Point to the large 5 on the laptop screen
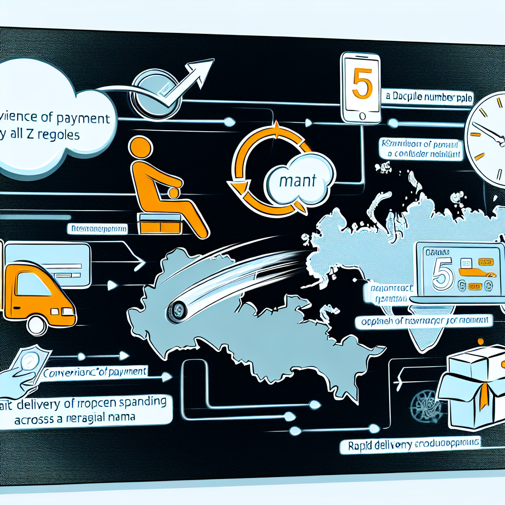441,275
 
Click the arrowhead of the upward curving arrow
200,69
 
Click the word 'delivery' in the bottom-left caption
47,405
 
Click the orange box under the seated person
160,224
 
